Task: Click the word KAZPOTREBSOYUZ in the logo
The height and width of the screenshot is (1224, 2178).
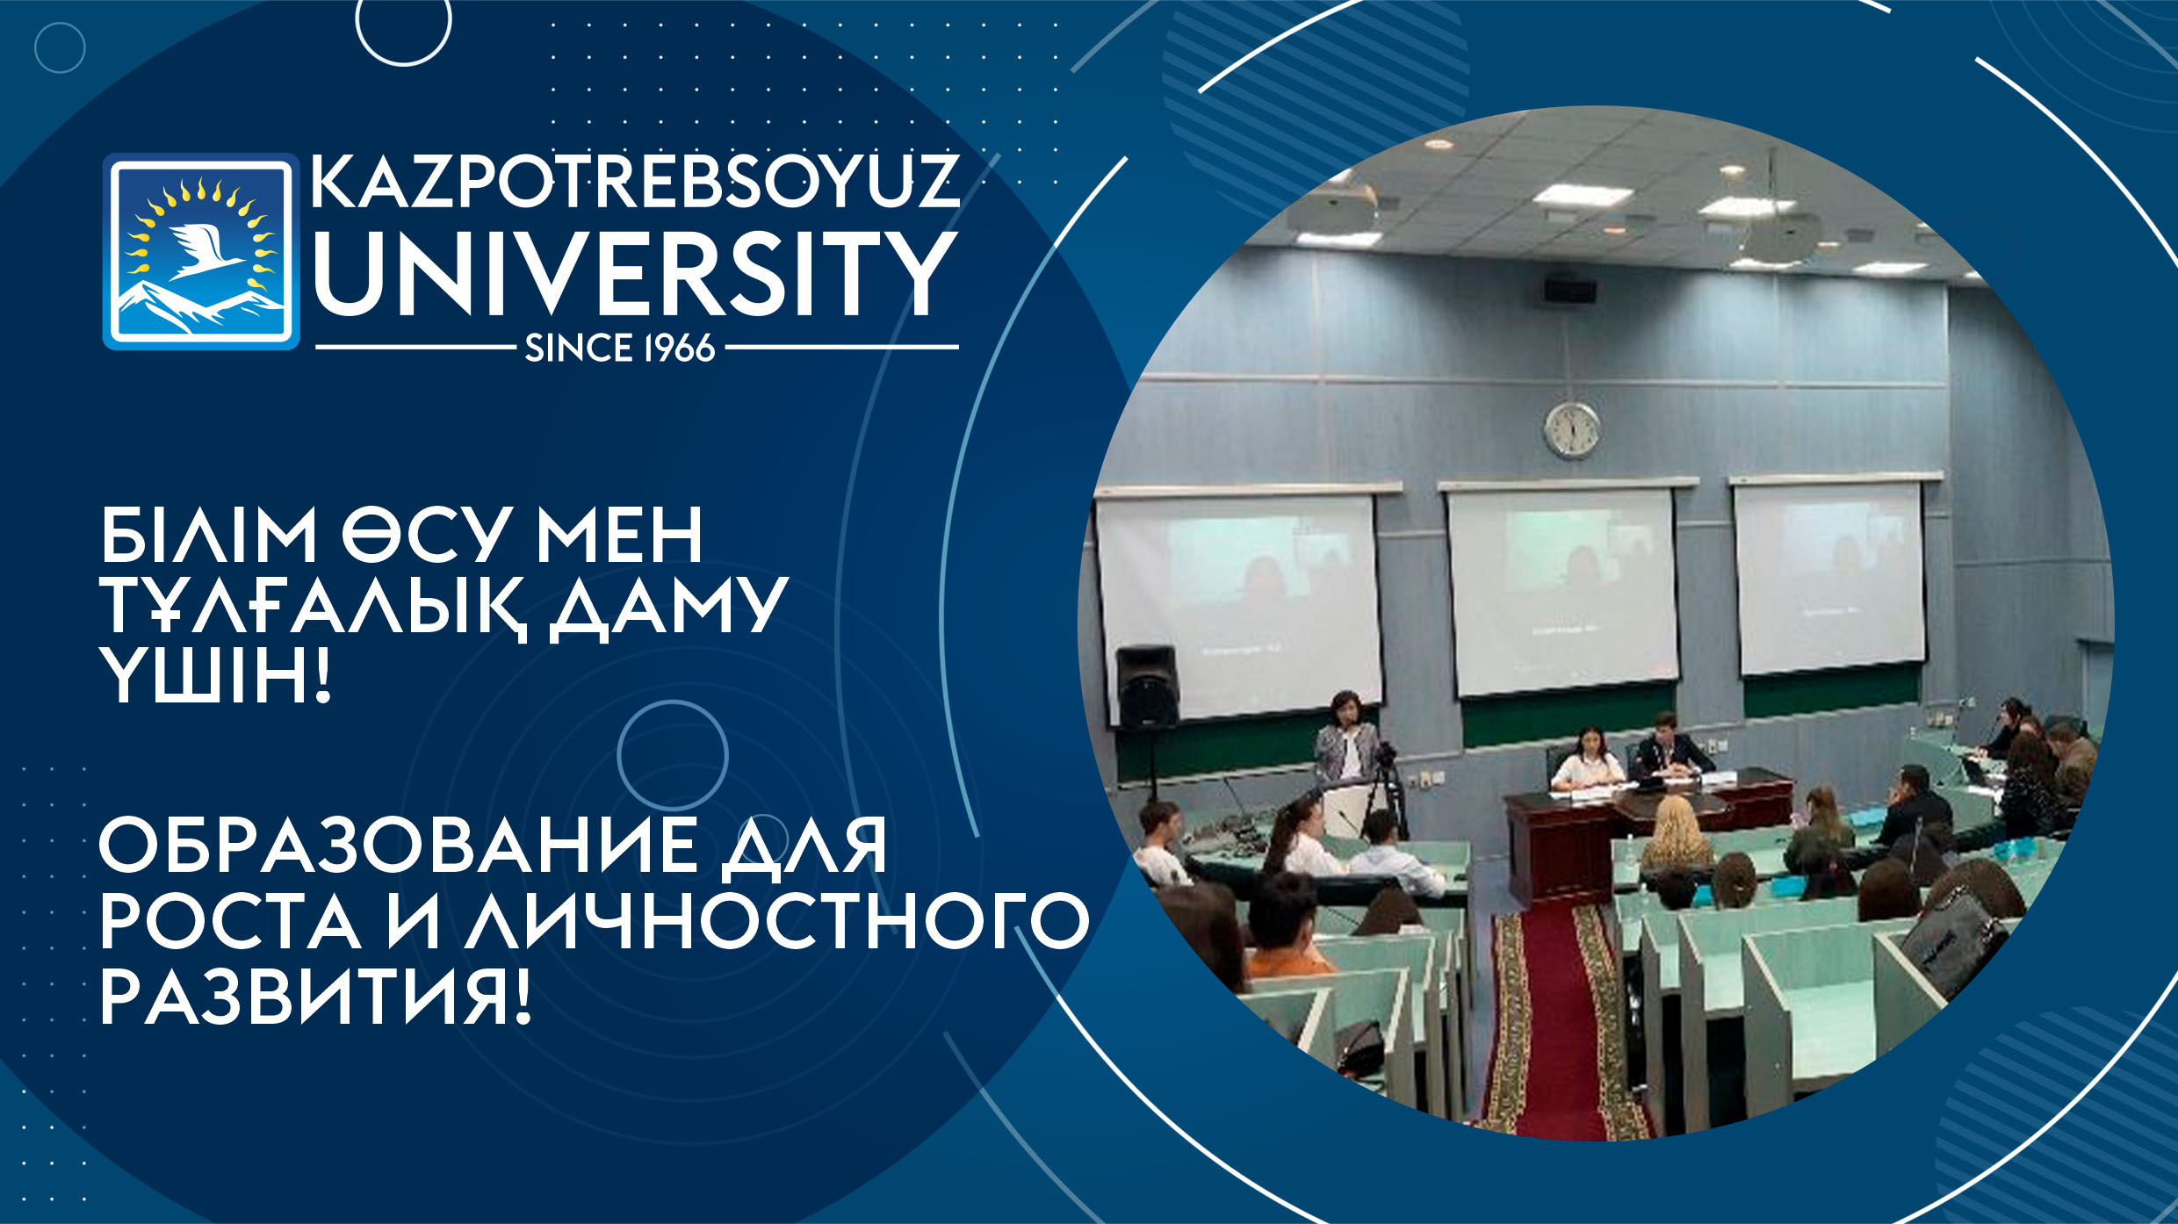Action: click(x=635, y=182)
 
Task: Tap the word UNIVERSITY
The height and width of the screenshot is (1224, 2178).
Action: click(x=635, y=273)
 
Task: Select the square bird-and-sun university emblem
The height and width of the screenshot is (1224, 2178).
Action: click(x=201, y=251)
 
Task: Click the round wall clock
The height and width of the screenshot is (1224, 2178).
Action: click(x=1572, y=430)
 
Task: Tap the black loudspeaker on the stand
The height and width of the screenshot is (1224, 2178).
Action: click(x=1146, y=688)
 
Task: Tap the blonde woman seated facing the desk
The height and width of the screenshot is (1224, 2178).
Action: click(x=1677, y=839)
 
